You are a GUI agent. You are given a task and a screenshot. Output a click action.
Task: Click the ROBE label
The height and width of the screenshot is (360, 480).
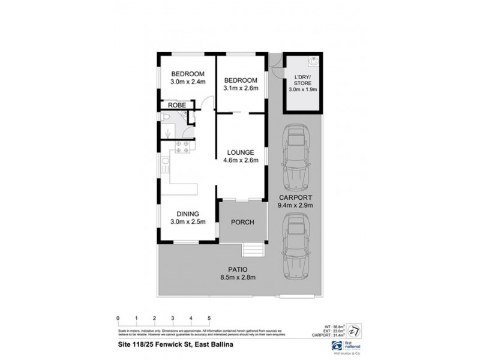[x=176, y=105]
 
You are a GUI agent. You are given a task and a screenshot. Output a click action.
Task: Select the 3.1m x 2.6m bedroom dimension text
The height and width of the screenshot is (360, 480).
[x=241, y=89]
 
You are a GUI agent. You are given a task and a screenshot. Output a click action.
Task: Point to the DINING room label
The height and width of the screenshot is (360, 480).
[x=187, y=214]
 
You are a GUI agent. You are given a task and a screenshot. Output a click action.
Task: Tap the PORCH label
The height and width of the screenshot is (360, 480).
[x=242, y=223]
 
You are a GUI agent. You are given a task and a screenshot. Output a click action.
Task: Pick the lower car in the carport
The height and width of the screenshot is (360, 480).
[x=295, y=244]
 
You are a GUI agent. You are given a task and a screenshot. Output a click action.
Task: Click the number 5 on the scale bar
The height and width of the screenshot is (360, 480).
[x=208, y=318]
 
